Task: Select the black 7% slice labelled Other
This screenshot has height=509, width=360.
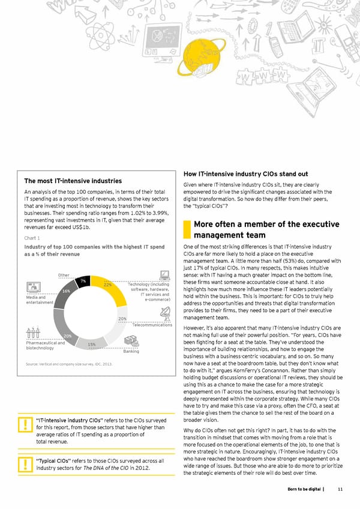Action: tap(84, 280)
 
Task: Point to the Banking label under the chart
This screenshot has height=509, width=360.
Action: tap(131, 352)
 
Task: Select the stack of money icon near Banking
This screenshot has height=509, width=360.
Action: tap(130, 340)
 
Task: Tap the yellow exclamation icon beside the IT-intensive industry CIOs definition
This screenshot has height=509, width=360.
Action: tap(26, 425)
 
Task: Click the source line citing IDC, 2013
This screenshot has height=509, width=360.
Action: tap(69, 364)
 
